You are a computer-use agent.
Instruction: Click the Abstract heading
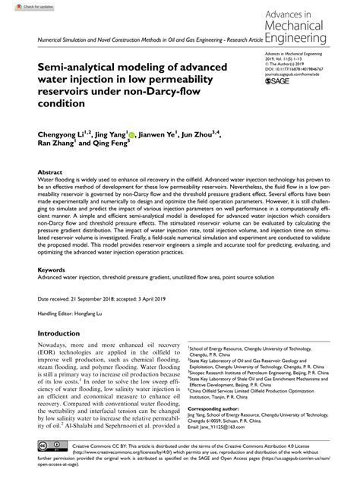(x=50, y=172)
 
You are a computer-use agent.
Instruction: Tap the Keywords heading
(x=52, y=269)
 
